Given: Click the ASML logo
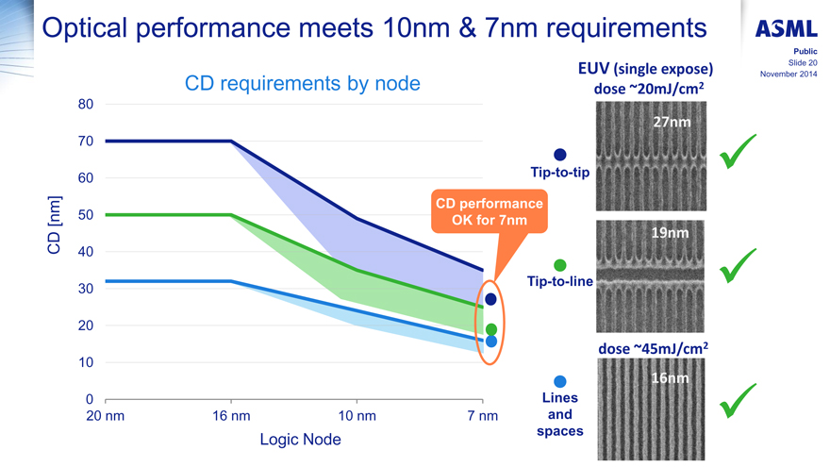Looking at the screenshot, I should click(x=786, y=29).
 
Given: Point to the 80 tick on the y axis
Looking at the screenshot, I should click(x=86, y=104).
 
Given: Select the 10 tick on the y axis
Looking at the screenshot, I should click(x=86, y=362).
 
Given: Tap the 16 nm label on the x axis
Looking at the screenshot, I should click(x=231, y=416).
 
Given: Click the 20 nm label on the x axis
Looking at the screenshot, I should click(x=105, y=416).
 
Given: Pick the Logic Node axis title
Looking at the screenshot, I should click(x=300, y=440).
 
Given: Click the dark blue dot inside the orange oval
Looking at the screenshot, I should click(x=490, y=299).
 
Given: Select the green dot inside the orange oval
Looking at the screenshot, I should click(x=490, y=329).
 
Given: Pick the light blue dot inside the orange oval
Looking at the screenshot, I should click(x=490, y=342).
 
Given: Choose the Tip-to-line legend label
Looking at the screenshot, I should click(x=560, y=281).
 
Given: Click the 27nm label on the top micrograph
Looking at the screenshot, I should click(x=672, y=123).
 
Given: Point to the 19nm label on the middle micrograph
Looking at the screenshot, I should click(x=672, y=233).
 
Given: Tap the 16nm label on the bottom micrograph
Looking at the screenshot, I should click(x=672, y=378).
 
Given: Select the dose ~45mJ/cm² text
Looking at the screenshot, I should click(x=653, y=347).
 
